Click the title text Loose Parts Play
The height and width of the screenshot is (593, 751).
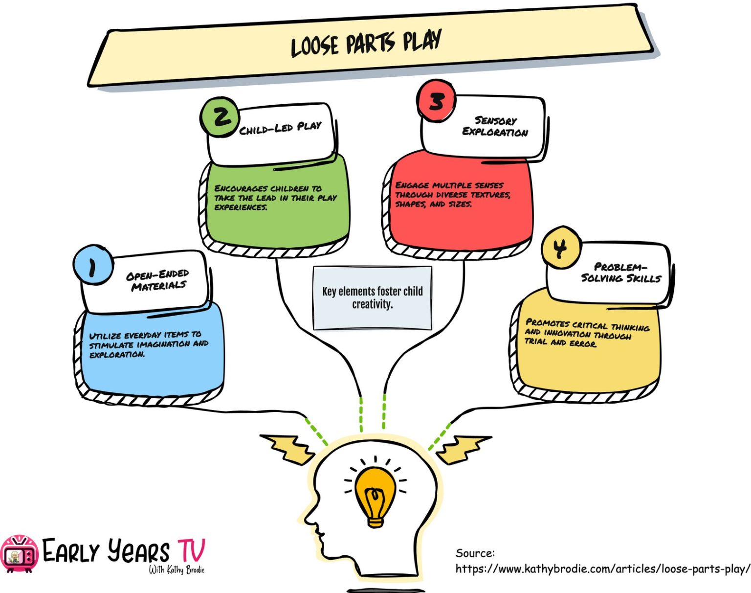pyautogui.click(x=366, y=43)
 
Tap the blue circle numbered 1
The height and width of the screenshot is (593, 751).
pyautogui.click(x=93, y=265)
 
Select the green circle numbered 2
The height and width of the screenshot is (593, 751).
pyautogui.click(x=220, y=117)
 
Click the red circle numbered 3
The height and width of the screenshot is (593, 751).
pyautogui.click(x=436, y=101)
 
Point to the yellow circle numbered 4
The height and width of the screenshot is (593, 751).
pyautogui.click(x=561, y=248)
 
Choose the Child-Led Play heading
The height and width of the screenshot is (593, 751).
pyautogui.click(x=280, y=128)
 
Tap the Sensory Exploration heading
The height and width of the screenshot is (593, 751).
pyautogui.click(x=495, y=126)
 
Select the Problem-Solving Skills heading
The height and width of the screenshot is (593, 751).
pyautogui.click(x=620, y=273)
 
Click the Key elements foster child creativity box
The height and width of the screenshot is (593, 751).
pyautogui.click(x=372, y=297)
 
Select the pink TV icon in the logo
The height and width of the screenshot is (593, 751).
pyautogui.click(x=19, y=554)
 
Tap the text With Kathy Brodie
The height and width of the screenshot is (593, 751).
pyautogui.click(x=177, y=570)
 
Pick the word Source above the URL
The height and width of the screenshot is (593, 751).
pyautogui.click(x=475, y=553)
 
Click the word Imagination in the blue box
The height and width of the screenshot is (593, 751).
pyautogui.click(x=164, y=344)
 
